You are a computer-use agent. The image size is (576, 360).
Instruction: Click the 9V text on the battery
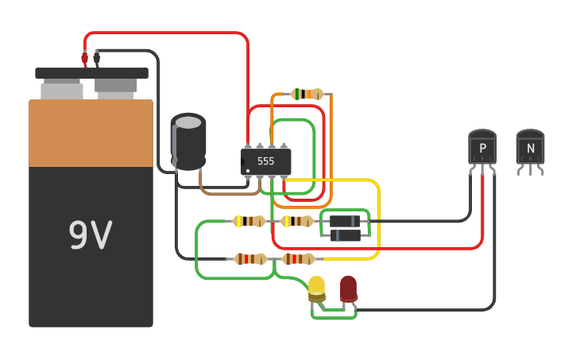[x=91, y=234]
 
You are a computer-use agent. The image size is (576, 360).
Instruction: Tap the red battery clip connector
[x=85, y=58]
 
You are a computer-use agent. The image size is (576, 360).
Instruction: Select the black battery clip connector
[x=97, y=58]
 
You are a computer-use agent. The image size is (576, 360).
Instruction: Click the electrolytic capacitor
[x=188, y=141]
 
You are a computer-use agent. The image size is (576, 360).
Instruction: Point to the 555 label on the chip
[x=265, y=161]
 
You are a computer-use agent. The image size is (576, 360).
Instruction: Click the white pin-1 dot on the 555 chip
[x=248, y=171]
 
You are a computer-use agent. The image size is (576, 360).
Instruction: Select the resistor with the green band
[x=307, y=94]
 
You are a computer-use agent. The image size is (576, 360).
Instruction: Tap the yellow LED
[x=317, y=288]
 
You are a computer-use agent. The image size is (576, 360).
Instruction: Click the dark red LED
[x=348, y=288]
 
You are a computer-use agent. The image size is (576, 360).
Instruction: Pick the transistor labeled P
[x=482, y=146]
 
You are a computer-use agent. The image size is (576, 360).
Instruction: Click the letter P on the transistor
[x=483, y=148]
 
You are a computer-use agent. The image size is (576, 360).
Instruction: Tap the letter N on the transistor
[x=531, y=148]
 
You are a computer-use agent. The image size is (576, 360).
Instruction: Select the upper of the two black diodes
[x=345, y=221]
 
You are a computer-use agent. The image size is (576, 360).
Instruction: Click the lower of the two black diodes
[x=346, y=235]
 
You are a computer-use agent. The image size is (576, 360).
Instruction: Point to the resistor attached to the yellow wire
[x=298, y=259]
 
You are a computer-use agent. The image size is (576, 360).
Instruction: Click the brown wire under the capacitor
[x=230, y=193]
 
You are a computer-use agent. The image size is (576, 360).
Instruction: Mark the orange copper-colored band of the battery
[x=91, y=133]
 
